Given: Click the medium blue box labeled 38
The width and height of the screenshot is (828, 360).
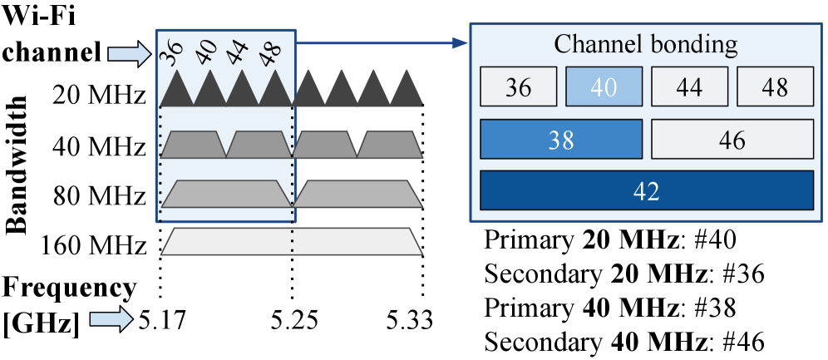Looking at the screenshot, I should tap(561, 140).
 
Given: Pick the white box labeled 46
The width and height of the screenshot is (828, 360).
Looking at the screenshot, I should tap(732, 140).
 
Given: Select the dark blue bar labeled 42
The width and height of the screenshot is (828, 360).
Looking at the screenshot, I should tap(646, 190).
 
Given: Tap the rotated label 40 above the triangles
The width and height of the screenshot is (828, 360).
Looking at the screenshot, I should tap(206, 52).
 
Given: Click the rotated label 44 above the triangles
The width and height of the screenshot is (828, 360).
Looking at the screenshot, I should tap(239, 52).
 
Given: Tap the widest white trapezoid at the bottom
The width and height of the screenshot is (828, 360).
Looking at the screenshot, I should tap(292, 241).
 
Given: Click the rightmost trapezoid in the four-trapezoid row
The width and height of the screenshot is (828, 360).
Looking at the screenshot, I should tap(390, 145).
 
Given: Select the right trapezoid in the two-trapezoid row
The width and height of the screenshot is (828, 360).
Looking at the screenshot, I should tap(357, 194).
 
